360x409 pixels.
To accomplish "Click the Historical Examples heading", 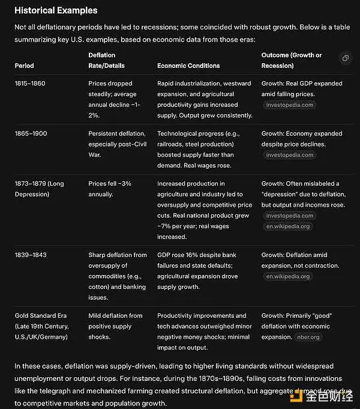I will click(x=56, y=10).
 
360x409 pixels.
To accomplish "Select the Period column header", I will click(x=25, y=65).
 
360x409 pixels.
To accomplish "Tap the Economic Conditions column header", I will click(x=188, y=65).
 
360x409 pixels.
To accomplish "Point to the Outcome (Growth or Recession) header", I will click(x=292, y=60).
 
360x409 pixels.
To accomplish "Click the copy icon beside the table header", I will click(x=346, y=58).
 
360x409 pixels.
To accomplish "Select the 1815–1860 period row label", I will click(x=30, y=83).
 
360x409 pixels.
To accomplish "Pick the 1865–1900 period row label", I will click(x=31, y=133).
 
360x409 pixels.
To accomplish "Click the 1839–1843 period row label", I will click(x=30, y=255).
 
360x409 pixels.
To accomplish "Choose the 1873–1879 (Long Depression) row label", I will click(x=40, y=189).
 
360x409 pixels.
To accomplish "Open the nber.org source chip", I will click(x=309, y=337).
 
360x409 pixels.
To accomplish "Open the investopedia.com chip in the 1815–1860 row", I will click(x=289, y=105).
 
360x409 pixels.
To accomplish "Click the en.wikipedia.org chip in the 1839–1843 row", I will click(x=288, y=276).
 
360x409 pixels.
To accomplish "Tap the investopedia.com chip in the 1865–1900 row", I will click(x=289, y=155).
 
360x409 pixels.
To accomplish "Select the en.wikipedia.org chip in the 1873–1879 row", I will click(x=288, y=226).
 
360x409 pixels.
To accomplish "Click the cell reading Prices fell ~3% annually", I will click(x=110, y=189).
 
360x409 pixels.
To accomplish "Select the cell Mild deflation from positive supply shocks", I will click(x=115, y=326).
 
